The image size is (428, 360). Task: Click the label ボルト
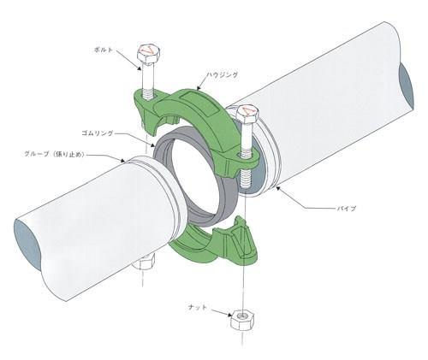pyautogui.click(x=104, y=50)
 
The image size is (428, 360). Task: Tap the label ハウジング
pyautogui.click(x=222, y=75)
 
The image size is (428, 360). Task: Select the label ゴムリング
pyautogui.click(x=98, y=133)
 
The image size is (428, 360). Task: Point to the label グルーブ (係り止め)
pyautogui.click(x=53, y=154)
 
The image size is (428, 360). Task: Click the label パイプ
pyautogui.click(x=347, y=209)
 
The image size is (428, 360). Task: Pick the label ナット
pyautogui.click(x=198, y=307)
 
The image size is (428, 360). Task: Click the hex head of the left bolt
pyautogui.click(x=149, y=54)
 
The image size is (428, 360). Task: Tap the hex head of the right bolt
pyautogui.click(x=247, y=115)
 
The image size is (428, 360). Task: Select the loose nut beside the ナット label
pyautogui.click(x=242, y=320)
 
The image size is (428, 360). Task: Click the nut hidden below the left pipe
pyautogui.click(x=144, y=263)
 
